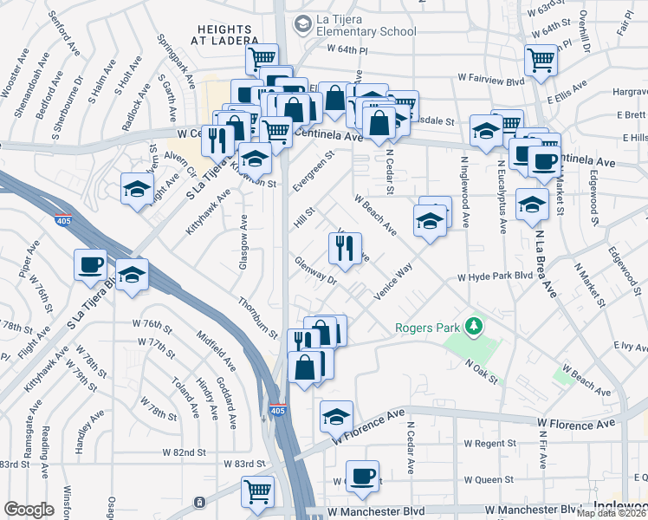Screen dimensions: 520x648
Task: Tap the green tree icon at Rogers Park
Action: point(473,327)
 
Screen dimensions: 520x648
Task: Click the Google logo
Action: point(29,510)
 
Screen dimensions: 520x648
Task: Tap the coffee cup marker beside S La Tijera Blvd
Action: point(90,265)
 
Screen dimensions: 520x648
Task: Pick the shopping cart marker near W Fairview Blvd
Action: point(541,61)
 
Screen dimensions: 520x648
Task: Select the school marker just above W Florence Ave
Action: point(336,418)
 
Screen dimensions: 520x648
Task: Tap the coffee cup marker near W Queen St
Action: point(364,477)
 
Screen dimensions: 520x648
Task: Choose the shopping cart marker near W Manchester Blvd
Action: point(258,491)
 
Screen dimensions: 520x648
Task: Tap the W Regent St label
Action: point(489,444)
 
